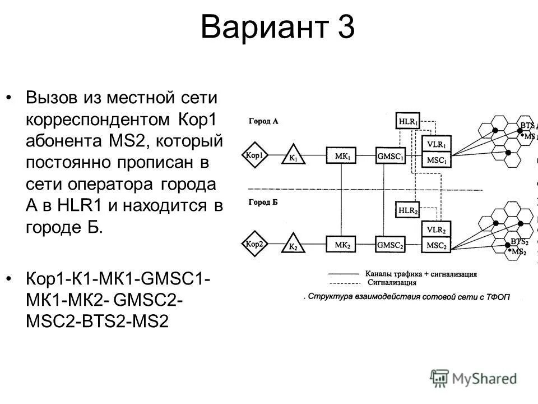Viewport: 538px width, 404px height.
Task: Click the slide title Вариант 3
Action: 277,27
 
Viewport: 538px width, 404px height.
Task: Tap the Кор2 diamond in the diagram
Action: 254,245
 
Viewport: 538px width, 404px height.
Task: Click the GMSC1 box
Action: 391,155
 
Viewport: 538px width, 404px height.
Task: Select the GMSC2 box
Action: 391,245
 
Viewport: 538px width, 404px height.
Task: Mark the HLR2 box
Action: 409,209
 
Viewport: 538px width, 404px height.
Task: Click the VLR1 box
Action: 436,144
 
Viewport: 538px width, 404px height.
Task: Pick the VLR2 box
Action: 436,230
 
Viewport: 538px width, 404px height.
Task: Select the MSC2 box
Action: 436,245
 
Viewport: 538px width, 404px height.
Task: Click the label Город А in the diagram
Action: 263,121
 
